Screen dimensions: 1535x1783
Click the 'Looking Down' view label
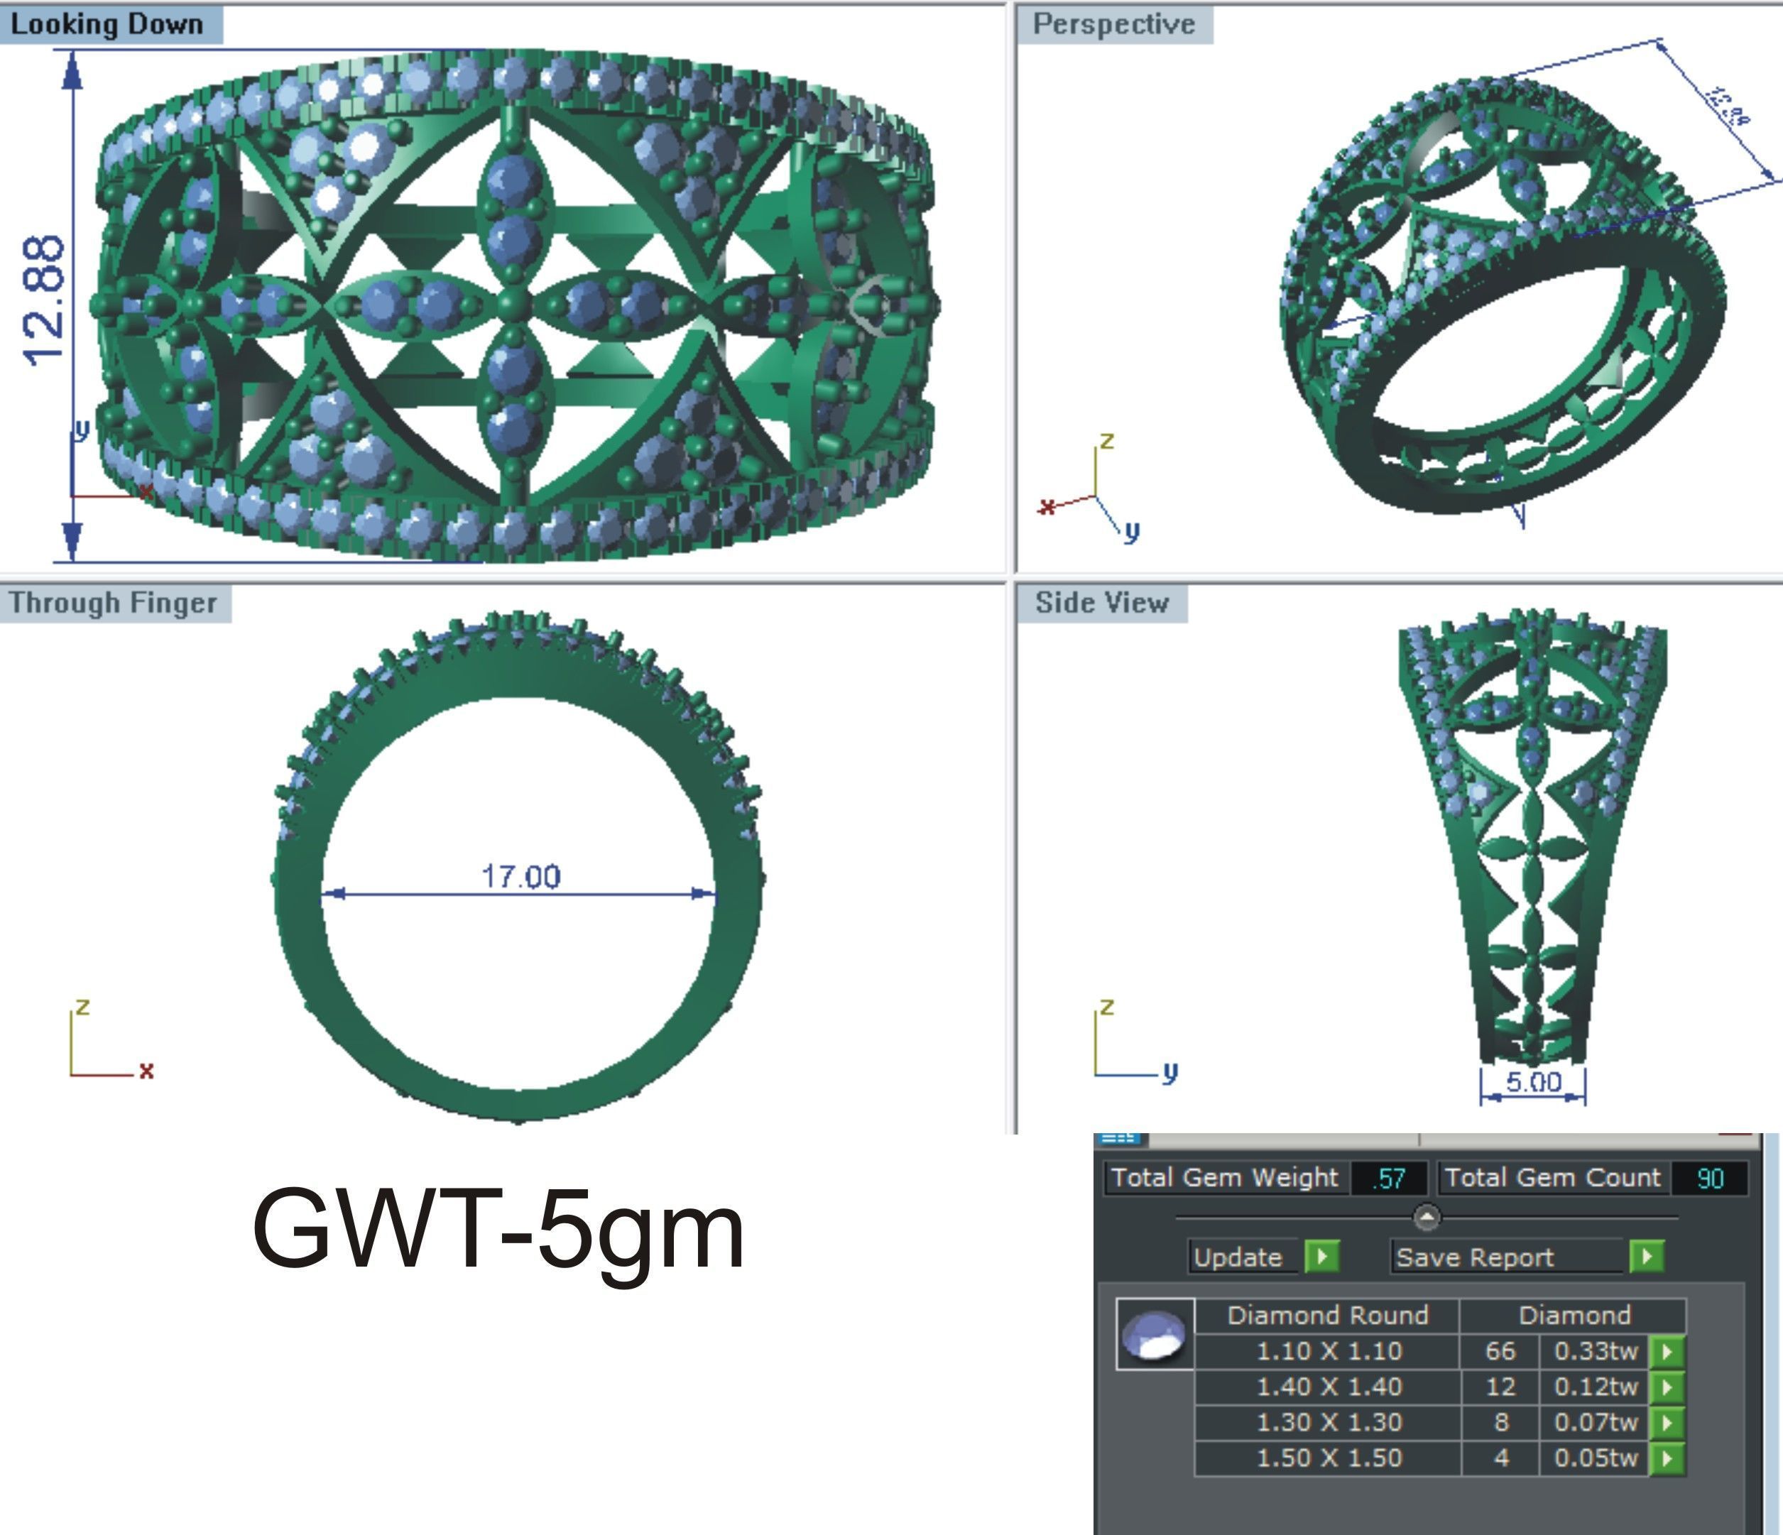pos(107,24)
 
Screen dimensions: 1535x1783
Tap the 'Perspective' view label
pos(1113,24)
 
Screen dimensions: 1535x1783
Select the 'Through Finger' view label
pos(113,602)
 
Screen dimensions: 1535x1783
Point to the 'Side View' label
pos(1101,602)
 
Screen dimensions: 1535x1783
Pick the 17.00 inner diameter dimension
pos(520,877)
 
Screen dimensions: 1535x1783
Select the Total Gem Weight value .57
pos(1388,1178)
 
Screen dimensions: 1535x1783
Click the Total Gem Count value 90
pos(1710,1178)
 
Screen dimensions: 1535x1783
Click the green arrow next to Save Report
pos(1646,1256)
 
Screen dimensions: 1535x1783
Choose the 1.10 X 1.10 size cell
pos(1329,1351)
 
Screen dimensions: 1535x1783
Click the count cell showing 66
pos(1500,1351)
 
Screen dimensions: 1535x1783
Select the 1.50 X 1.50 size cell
pos(1329,1458)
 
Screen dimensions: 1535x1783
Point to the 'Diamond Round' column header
pos(1327,1315)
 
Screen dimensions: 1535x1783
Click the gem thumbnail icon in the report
pos(1155,1333)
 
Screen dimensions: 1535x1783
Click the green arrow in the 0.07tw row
pos(1667,1422)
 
